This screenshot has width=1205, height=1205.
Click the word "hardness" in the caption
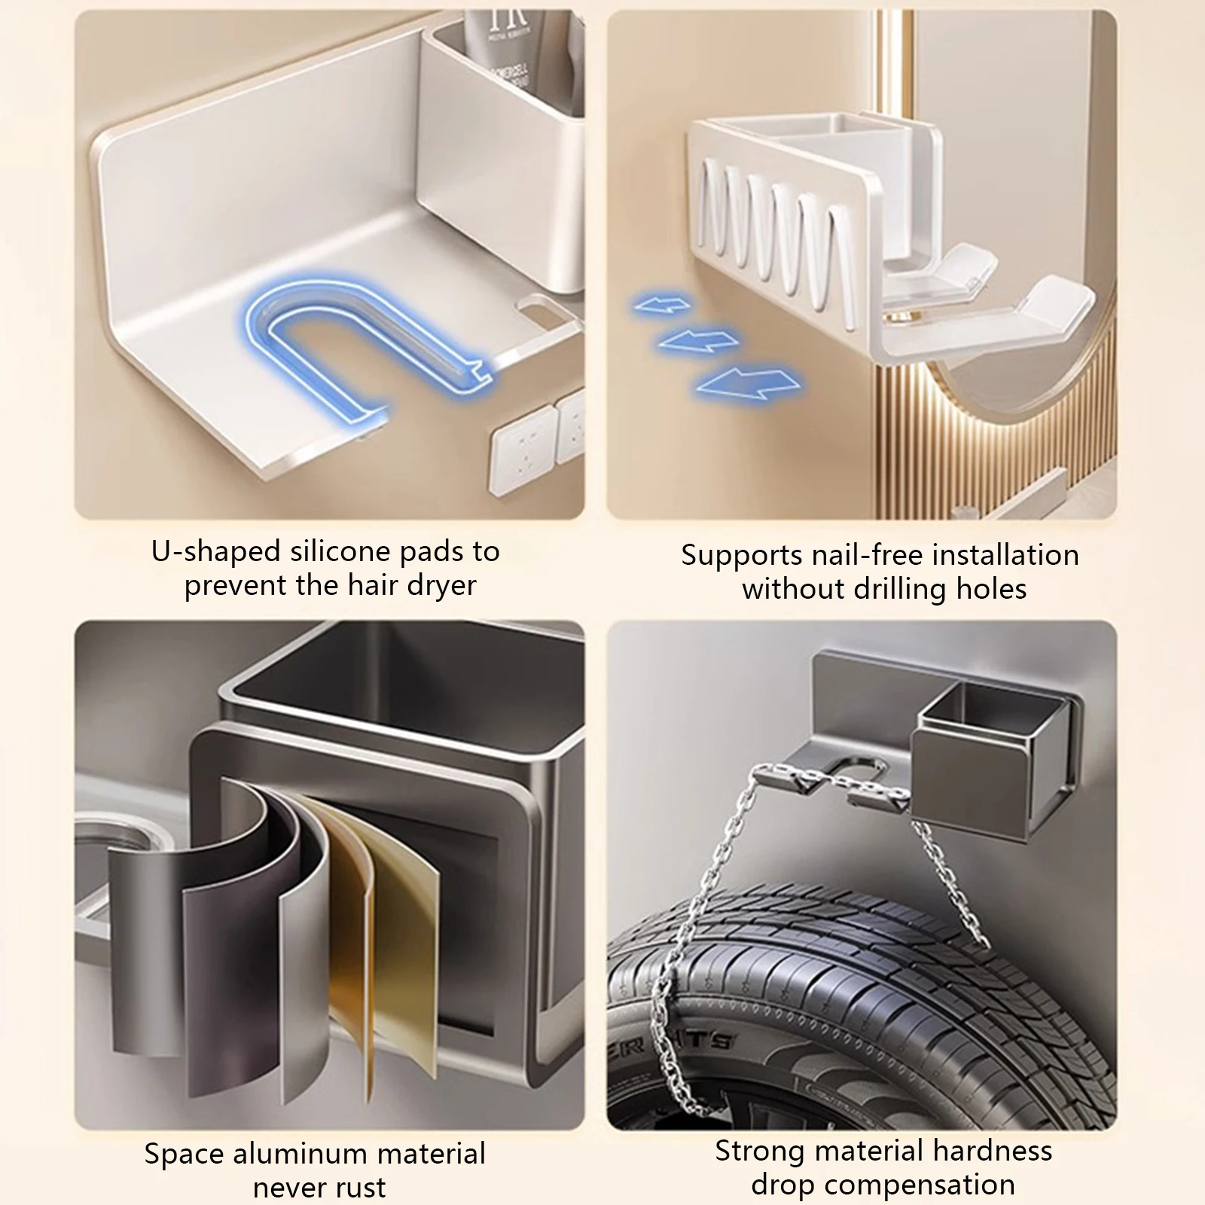[x=992, y=1151]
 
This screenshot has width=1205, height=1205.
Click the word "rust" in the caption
[x=363, y=1188]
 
